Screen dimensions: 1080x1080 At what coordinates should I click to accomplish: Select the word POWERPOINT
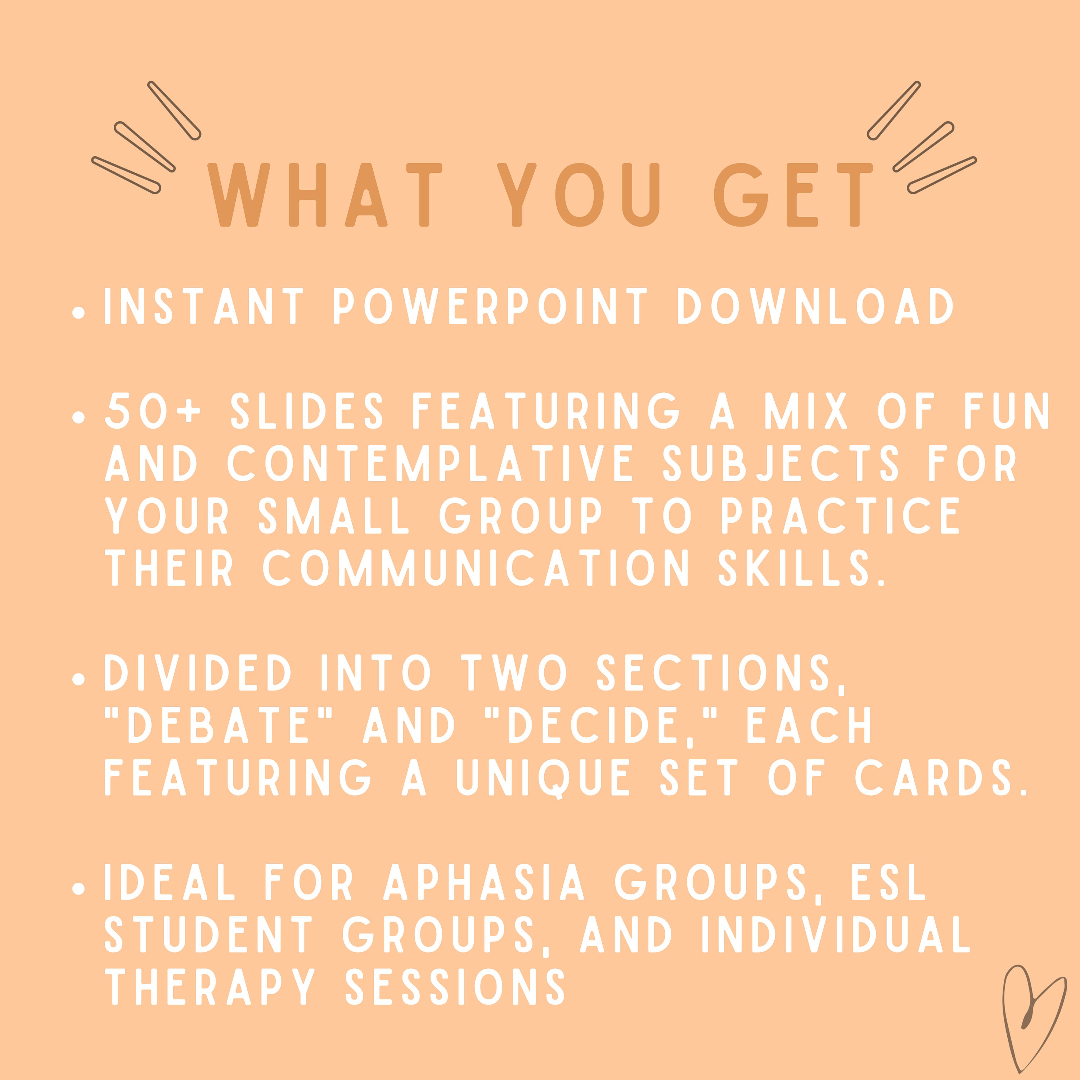pos(490,306)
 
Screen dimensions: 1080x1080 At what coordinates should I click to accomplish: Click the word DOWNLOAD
pos(815,306)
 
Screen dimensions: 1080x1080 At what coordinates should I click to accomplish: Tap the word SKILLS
pos(802,568)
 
